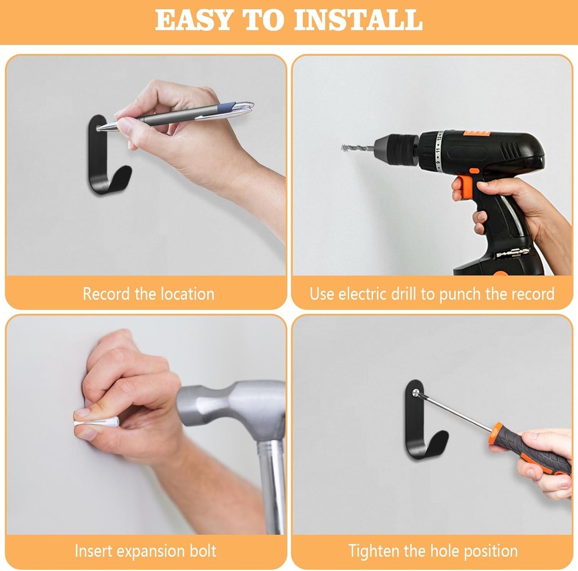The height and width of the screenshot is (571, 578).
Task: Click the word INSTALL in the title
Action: click(x=358, y=20)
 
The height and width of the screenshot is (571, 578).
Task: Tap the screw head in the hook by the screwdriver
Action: click(x=416, y=393)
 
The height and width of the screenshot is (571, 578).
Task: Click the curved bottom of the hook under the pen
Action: click(x=111, y=183)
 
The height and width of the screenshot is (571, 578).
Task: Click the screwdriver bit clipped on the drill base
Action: click(x=513, y=253)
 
